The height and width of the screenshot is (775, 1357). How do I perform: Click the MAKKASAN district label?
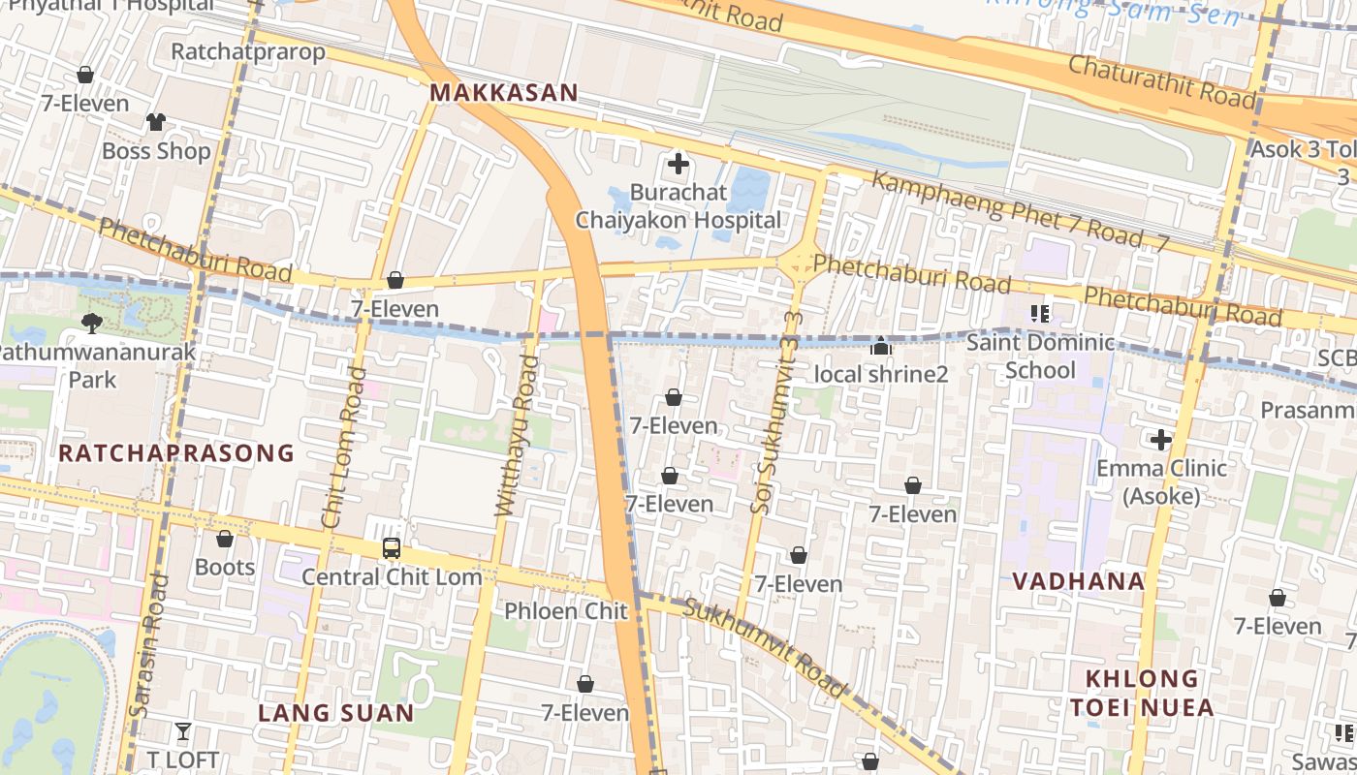pyautogui.click(x=503, y=93)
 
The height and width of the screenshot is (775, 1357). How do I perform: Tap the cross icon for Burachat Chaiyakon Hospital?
pyautogui.click(x=678, y=164)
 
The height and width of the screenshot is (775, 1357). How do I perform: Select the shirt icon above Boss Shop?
pyautogui.click(x=156, y=122)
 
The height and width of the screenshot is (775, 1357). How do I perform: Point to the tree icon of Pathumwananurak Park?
pyautogui.click(x=92, y=323)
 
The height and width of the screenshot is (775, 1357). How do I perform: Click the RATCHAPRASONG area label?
pyautogui.click(x=175, y=452)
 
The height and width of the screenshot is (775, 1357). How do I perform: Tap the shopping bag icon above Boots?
pyautogui.click(x=225, y=539)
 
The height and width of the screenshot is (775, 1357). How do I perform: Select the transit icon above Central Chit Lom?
pyautogui.click(x=392, y=548)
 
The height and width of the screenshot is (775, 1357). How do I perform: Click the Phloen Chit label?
pyautogui.click(x=566, y=610)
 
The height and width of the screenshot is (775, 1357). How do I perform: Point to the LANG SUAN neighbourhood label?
pyautogui.click(x=335, y=713)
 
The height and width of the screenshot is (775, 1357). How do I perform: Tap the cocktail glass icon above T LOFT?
pyautogui.click(x=183, y=730)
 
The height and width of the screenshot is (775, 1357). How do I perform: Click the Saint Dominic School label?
pyautogui.click(x=1040, y=356)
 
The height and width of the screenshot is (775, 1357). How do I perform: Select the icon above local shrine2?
pyautogui.click(x=880, y=346)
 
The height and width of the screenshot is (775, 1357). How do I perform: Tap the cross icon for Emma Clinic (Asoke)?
pyautogui.click(x=1161, y=441)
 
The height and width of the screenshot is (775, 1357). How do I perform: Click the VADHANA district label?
pyautogui.click(x=1079, y=581)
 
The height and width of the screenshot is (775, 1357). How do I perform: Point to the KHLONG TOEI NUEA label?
pyautogui.click(x=1142, y=692)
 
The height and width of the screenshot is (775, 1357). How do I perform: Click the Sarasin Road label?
pyautogui.click(x=150, y=644)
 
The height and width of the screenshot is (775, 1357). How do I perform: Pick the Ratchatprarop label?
pyautogui.click(x=248, y=51)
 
